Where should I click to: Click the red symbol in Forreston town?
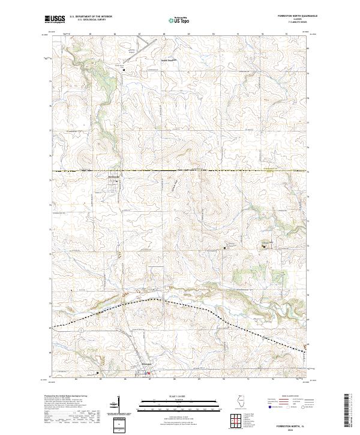tap(148, 375)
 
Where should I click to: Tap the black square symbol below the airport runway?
tap(124, 70)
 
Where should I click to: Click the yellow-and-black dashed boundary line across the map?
tap(180, 172)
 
